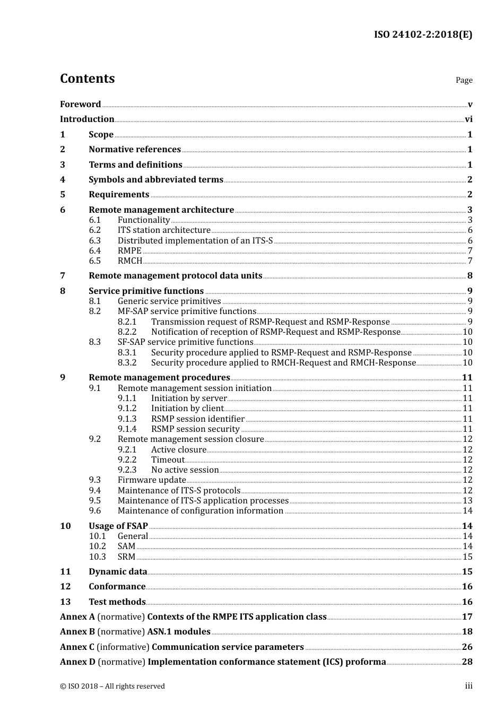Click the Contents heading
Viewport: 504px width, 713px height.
[x=87, y=79]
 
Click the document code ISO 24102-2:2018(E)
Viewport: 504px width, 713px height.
[x=423, y=35]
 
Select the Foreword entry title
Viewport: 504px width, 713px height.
[x=80, y=105]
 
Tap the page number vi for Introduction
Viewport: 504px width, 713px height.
[x=468, y=119]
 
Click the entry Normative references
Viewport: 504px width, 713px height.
[x=135, y=150]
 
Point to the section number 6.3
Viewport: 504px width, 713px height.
[x=94, y=241]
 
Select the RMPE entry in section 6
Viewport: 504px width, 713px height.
[x=129, y=251]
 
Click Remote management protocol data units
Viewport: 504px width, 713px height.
[x=175, y=276]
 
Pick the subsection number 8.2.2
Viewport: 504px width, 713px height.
[x=127, y=332]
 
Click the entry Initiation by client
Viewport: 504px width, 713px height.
[x=187, y=408]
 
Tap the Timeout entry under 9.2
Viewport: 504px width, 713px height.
[x=168, y=460]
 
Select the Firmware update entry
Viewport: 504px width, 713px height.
[x=152, y=480]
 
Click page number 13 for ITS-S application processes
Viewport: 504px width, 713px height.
[x=467, y=501]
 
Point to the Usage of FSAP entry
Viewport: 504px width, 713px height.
[x=118, y=526]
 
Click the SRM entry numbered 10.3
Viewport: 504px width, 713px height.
[x=126, y=557]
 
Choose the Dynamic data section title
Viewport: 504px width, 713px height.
[x=118, y=572]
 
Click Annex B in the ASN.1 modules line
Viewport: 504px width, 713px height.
[x=77, y=632]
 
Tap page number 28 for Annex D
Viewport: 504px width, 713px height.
[x=467, y=662]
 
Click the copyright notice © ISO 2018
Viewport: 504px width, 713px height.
[x=112, y=686]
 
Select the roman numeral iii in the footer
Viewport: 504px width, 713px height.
[x=468, y=686]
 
